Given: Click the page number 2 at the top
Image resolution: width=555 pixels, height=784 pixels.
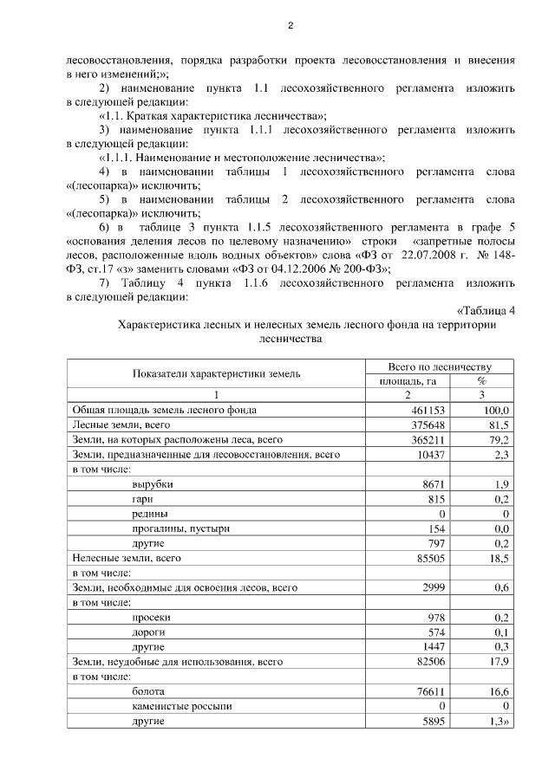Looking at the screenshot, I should click(x=291, y=25).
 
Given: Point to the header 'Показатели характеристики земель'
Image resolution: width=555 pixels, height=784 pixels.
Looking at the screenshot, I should click(x=216, y=373).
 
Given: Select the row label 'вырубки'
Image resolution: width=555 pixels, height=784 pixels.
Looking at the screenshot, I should click(x=153, y=484).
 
